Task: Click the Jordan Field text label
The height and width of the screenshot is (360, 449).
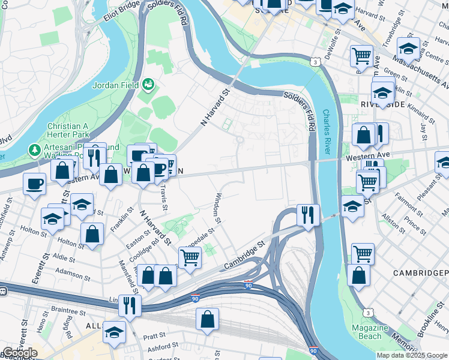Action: point(115,85)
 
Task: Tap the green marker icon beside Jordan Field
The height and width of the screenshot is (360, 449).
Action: point(148,85)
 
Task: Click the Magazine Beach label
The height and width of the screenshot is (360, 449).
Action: point(370,332)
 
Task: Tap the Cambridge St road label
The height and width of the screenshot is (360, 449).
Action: point(244,256)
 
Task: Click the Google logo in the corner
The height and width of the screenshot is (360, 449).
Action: point(20,353)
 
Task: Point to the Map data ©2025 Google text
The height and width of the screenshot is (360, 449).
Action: point(412,355)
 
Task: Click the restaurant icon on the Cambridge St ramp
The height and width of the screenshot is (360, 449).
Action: point(308,214)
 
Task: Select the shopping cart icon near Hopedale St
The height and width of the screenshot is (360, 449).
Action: point(190,258)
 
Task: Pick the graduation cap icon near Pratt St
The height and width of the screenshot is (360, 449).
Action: point(114,331)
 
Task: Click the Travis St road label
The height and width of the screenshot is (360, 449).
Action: point(164,193)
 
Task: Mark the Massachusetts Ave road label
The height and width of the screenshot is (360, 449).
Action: point(414,63)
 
